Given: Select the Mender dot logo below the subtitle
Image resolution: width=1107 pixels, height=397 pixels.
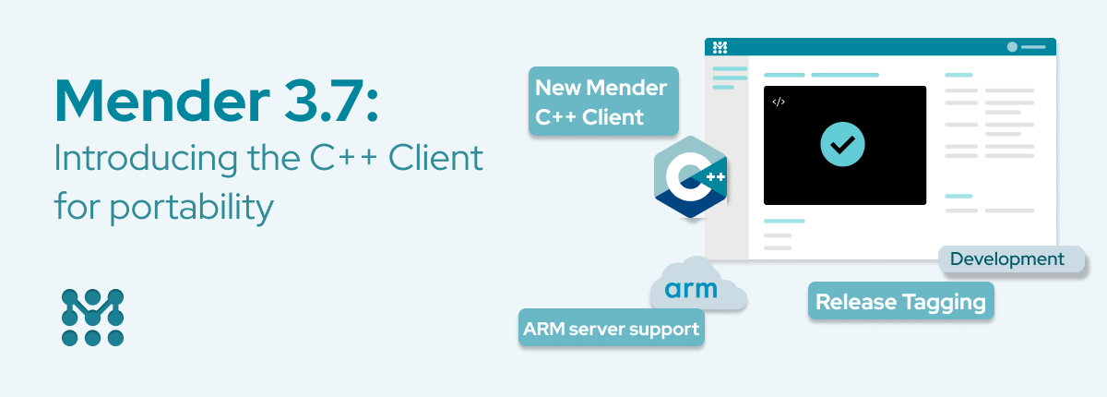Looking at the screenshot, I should pyautogui.click(x=92, y=318).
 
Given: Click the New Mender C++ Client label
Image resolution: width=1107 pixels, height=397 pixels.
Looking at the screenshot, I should pyautogui.click(x=603, y=102).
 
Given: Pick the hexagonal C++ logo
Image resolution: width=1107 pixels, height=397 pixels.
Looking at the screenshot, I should pyautogui.click(x=690, y=176).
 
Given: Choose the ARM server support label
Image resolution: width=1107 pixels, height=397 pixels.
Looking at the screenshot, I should pyautogui.click(x=611, y=328).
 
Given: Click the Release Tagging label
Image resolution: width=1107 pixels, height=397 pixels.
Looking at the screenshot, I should pyautogui.click(x=900, y=302).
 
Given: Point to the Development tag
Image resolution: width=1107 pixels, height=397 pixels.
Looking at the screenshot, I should pyautogui.click(x=1006, y=259).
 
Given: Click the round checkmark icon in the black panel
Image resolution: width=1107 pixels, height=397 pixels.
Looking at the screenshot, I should pyautogui.click(x=843, y=144).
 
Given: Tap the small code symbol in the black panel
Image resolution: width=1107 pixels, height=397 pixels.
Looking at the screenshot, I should pyautogui.click(x=779, y=102).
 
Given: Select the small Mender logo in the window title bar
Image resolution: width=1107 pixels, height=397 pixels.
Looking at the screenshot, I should pyautogui.click(x=720, y=46).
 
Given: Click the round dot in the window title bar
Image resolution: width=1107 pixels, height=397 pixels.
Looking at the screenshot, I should pyautogui.click(x=1012, y=46).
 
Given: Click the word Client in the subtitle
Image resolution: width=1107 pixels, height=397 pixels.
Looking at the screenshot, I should pyautogui.click(x=435, y=159).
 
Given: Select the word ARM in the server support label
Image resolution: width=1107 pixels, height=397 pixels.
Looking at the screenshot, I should pyautogui.click(x=543, y=328).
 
